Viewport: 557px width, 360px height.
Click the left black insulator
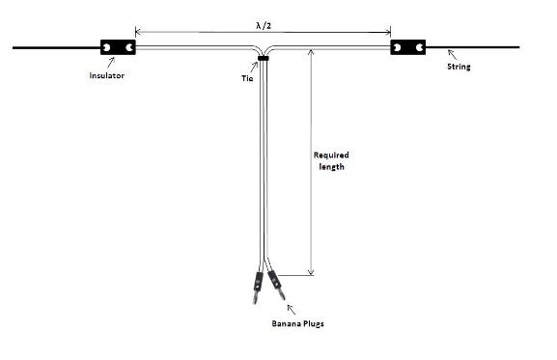[118, 46]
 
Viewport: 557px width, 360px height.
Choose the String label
[459, 68]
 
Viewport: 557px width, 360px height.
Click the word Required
[330, 154]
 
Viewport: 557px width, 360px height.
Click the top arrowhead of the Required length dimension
[310, 50]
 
